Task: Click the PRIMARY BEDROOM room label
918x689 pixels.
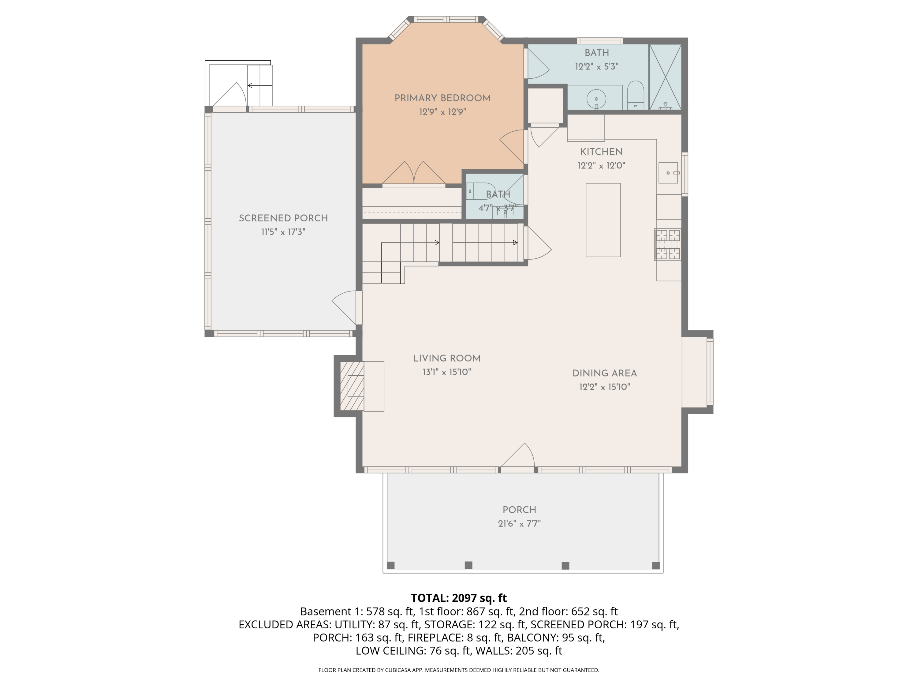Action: click(442, 98)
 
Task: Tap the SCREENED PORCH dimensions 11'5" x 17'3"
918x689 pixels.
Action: click(283, 232)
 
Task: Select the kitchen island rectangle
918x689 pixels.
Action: click(603, 220)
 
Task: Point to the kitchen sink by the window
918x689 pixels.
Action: click(668, 173)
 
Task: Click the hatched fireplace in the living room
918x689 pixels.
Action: click(352, 386)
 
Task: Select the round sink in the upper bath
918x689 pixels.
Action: click(596, 99)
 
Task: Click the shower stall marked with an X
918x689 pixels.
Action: click(665, 77)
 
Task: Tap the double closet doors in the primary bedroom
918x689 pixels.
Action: click(414, 174)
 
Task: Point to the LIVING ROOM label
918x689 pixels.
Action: click(446, 358)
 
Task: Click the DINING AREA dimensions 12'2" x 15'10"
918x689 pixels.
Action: click(605, 387)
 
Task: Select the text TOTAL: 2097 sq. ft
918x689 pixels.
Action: click(459, 598)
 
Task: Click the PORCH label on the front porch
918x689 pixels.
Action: click(519, 510)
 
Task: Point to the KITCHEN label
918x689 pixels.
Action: click(601, 152)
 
